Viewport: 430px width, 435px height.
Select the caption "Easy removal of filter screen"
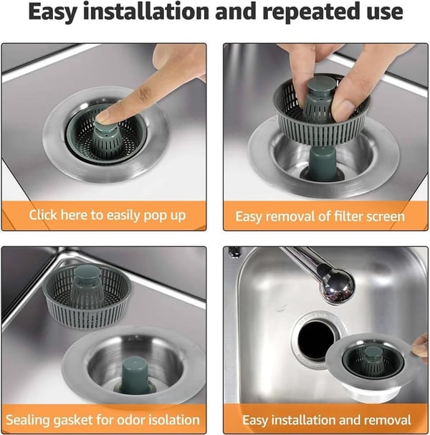pyautogui.click(x=320, y=216)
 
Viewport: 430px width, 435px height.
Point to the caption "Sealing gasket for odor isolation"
pyautogui.click(x=102, y=419)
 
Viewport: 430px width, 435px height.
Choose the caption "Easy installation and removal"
pyautogui.click(x=326, y=420)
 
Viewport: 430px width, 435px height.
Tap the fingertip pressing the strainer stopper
pyautogui.click(x=107, y=113)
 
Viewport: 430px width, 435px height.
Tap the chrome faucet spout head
pyautogui.click(x=336, y=285)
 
